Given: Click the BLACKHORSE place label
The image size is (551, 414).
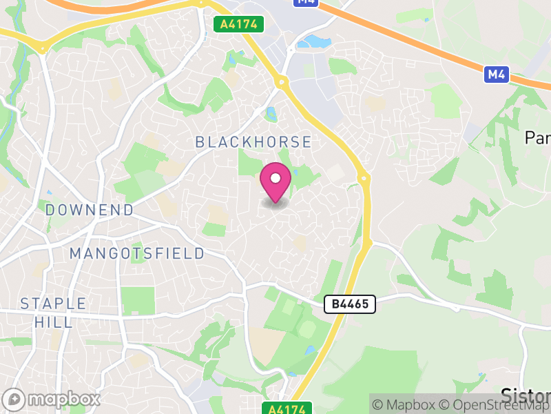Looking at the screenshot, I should [x=253, y=142].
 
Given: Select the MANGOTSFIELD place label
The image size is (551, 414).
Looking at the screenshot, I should [x=137, y=253].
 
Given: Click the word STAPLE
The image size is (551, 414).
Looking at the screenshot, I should [x=54, y=304].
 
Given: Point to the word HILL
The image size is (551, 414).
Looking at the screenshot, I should [x=54, y=322].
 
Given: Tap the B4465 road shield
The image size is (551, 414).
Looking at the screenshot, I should [x=350, y=304].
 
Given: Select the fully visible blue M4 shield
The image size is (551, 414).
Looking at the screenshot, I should [x=496, y=74].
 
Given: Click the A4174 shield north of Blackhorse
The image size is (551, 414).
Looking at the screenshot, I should [x=239, y=24].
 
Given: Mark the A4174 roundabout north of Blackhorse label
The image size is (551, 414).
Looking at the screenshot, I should [x=281, y=83].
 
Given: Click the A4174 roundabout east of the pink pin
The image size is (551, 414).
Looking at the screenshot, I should [x=363, y=178].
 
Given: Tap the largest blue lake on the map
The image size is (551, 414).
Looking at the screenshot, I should [x=314, y=41].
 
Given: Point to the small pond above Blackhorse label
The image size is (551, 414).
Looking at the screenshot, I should [x=271, y=114].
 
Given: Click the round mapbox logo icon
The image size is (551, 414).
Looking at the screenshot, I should [x=14, y=399].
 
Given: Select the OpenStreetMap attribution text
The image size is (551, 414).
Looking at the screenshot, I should [x=495, y=404].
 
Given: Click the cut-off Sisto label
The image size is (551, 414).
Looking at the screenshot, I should [x=526, y=396].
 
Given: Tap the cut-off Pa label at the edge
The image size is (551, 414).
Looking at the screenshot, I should [x=538, y=138].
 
